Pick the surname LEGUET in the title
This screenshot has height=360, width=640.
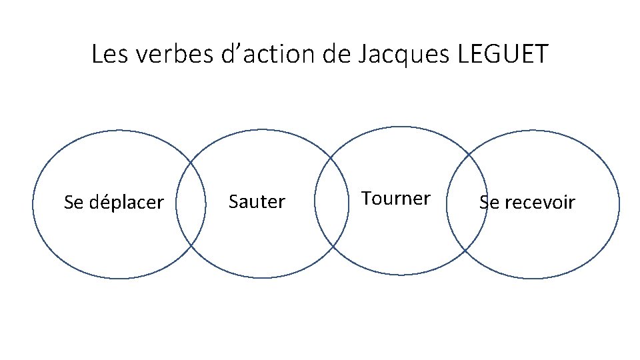coord(504,54)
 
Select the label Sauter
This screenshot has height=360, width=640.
coord(257,201)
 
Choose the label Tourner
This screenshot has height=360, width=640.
coord(396,199)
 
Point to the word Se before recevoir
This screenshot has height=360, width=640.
coord(488,202)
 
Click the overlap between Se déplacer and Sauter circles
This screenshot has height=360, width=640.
coord(191,204)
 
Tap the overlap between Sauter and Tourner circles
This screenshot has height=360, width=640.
coord(331,204)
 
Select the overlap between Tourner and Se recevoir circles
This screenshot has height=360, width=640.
coord(467,203)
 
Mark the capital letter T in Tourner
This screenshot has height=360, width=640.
coord(366,198)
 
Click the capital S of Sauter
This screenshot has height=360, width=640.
coord(233,201)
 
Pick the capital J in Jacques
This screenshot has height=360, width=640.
coord(362,54)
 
